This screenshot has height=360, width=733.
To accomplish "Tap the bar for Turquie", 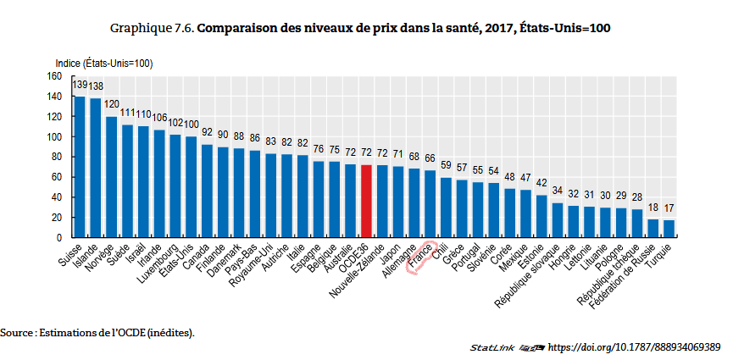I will coord(669,229).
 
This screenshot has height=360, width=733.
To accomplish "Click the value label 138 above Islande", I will coord(96,86).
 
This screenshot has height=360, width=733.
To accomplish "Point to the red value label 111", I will coord(128,113).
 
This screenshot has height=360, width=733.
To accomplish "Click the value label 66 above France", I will coord(430,158).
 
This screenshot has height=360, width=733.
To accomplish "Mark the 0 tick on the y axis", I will coord(60,238).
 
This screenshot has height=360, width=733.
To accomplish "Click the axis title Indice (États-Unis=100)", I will coord(103,63).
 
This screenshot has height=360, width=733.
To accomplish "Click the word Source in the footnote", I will coord(17,332).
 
